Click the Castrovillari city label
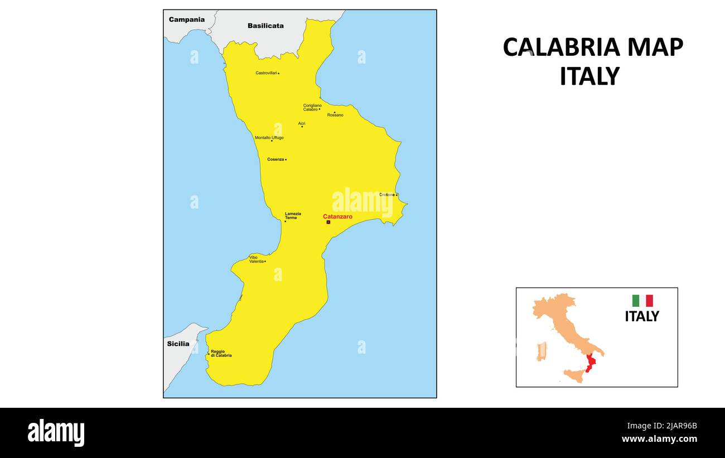coord(266,73)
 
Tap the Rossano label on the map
coord(335,115)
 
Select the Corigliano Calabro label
coord(312,107)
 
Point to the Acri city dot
coord(302,127)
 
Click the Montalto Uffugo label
coord(269,138)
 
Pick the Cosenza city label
coord(275,160)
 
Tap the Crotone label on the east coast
coord(387,195)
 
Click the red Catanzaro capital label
coord(337,216)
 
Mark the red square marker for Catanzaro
coord(328,222)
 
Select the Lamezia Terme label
coord(293,215)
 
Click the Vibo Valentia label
coord(256,259)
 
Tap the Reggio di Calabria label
coord(221,353)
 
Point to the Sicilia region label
coord(178,344)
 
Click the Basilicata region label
coord(265,26)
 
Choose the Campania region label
coord(187,20)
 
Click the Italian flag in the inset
coord(642,301)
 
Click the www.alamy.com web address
coord(659,439)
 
